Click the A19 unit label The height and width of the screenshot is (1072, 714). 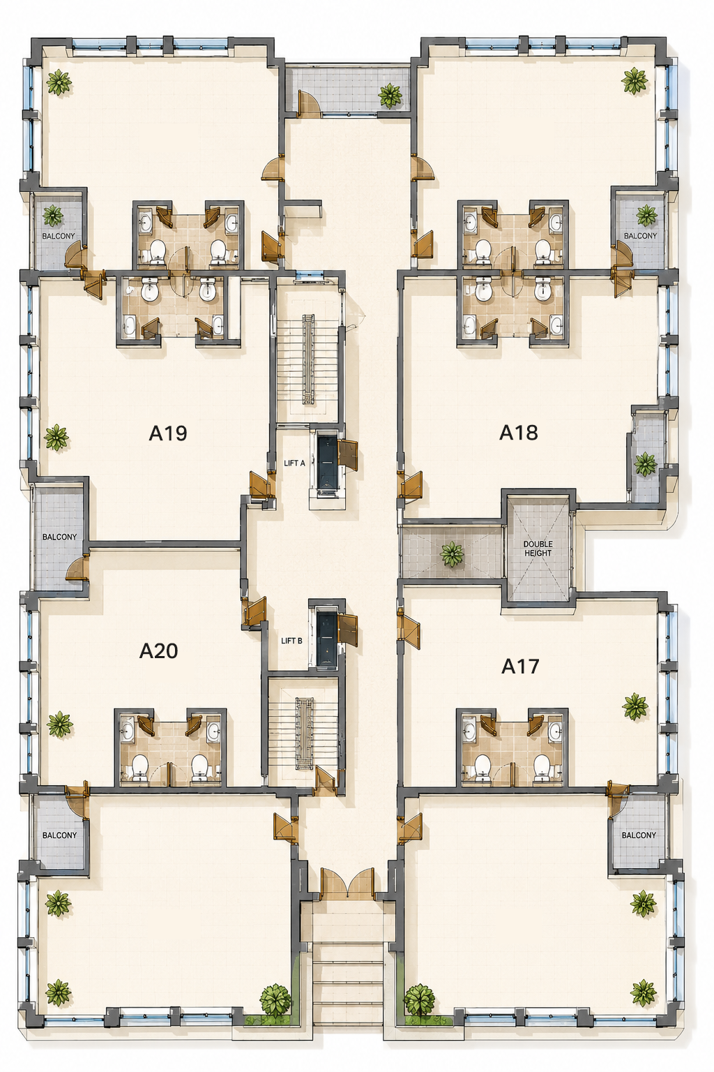point(168,433)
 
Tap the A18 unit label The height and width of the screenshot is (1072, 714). point(518,433)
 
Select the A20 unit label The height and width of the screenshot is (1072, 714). point(158,651)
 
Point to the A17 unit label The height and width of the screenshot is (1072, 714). point(520,667)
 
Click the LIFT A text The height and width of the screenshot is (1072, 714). point(294,463)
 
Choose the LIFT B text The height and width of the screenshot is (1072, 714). point(291,641)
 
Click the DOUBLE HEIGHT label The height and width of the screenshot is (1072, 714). point(538,549)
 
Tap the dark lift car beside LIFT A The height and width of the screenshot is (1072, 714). point(327,462)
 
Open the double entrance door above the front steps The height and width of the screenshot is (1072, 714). point(347,880)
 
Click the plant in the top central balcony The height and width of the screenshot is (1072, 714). point(390,95)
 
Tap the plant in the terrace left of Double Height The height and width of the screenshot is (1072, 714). point(452,554)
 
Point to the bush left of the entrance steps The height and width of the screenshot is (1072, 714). point(275,1001)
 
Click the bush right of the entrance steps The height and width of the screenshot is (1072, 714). point(420,1001)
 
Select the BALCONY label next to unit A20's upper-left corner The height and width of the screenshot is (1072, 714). point(59,537)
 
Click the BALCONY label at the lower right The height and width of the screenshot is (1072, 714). point(639,835)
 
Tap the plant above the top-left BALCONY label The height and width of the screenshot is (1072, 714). point(52,216)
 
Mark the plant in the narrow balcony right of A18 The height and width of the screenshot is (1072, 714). point(646,463)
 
